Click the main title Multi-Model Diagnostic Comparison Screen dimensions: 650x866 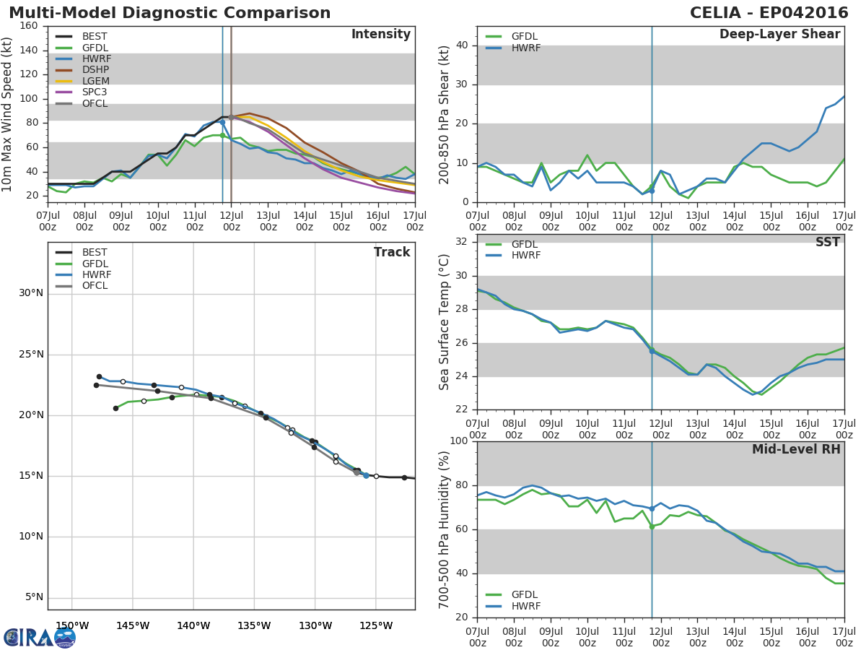coord(170,13)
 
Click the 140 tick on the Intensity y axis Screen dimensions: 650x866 coord(29,50)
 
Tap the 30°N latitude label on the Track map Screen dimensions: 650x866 coord(30,293)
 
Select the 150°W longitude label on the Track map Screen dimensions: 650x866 coord(72,625)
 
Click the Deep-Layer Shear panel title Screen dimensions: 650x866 coord(779,35)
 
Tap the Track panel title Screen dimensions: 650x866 coord(392,252)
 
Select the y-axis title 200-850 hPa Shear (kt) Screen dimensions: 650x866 coord(445,114)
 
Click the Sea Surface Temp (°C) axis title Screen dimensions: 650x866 coord(445,321)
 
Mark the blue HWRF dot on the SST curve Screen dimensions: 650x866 coord(652,351)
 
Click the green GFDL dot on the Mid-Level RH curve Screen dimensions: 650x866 coord(652,526)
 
